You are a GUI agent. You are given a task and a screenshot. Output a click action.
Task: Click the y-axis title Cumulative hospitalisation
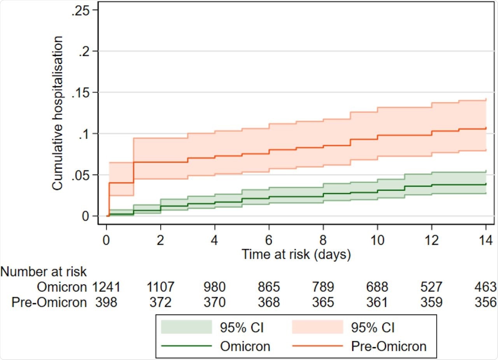pos(58,113)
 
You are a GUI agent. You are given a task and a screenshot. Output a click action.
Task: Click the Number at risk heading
pos(44,271)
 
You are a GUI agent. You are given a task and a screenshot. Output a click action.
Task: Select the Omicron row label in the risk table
pos(61,287)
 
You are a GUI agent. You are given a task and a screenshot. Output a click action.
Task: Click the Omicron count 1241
pos(107,287)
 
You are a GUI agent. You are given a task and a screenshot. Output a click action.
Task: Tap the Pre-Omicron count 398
pos(107,302)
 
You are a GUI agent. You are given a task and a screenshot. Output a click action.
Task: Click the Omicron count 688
pos(377,287)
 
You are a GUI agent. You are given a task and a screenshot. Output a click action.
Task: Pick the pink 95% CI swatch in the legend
pos(317,328)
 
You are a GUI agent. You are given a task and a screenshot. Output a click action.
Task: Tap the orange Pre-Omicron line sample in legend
pos(317,346)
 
